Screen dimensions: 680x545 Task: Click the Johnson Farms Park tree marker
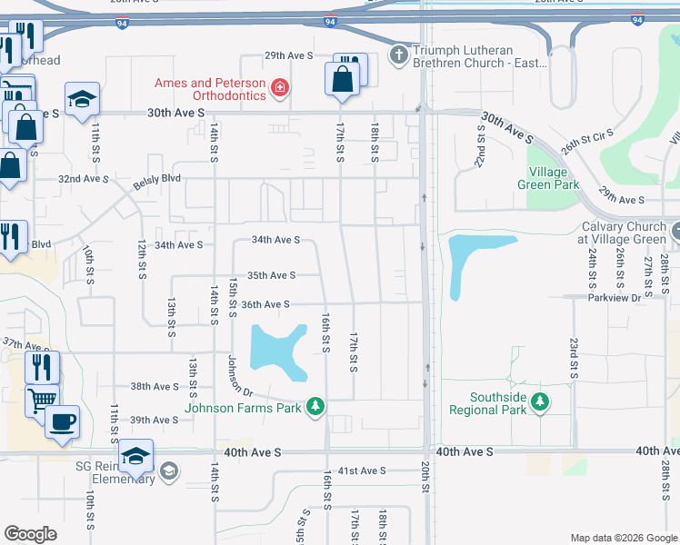tap(315, 405)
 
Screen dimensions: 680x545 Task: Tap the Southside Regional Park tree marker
tap(540, 401)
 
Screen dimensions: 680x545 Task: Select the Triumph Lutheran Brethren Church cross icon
tap(398, 56)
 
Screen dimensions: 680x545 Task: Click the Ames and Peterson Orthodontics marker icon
tap(281, 88)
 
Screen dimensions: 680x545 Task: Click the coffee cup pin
tap(62, 422)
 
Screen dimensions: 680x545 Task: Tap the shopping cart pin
tap(43, 399)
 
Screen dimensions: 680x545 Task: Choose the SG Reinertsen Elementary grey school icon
tap(169, 471)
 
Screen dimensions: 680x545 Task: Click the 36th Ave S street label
tap(265, 304)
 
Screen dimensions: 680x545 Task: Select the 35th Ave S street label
tap(271, 275)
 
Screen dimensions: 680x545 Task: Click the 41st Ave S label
tap(362, 471)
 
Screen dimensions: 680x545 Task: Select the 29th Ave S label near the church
tap(288, 55)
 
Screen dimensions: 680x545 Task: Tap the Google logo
tap(30, 534)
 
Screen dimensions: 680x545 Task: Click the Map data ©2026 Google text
tap(623, 538)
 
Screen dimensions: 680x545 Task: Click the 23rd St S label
tap(574, 358)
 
